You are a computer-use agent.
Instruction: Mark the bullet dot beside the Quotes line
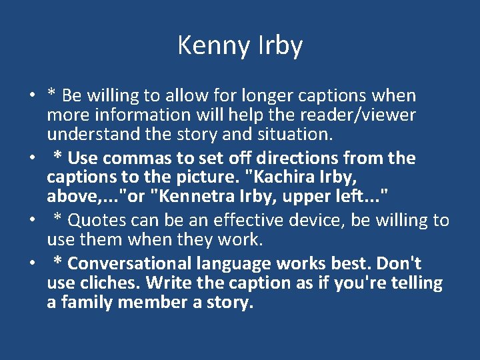[x=32, y=221]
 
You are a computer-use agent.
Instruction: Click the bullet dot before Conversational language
[x=32, y=264]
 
